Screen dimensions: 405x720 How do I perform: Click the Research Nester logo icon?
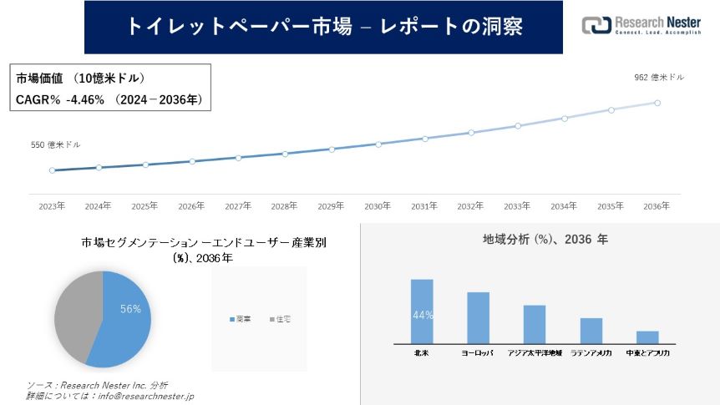click(x=596, y=25)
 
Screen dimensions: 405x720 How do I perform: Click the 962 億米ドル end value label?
click(x=660, y=77)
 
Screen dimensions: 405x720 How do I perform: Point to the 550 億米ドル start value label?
click(x=56, y=144)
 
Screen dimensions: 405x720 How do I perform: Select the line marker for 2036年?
click(x=657, y=103)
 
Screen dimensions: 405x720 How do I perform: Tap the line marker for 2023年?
click(x=53, y=170)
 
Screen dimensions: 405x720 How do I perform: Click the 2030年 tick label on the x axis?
click(x=378, y=205)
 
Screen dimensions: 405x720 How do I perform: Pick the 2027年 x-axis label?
click(x=238, y=205)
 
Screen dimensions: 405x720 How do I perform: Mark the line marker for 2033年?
click(x=518, y=126)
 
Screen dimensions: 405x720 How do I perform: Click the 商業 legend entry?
click(x=240, y=320)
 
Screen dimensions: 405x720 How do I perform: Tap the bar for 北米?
click(x=422, y=311)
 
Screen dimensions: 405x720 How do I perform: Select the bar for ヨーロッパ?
click(x=478, y=318)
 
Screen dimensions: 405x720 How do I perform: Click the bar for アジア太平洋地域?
click(x=535, y=325)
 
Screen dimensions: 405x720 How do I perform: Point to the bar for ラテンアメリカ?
click(x=591, y=331)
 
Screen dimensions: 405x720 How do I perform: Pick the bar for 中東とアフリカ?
click(x=647, y=337)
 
